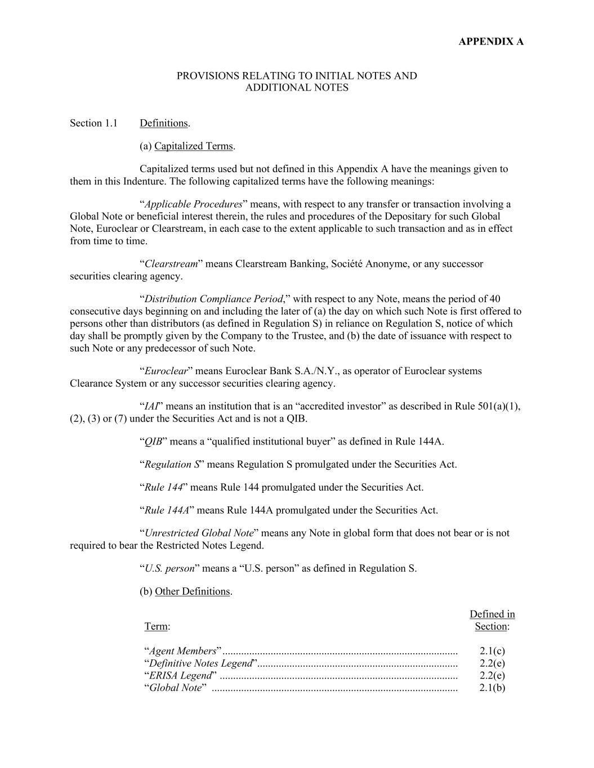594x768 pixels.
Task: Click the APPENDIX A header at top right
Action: (491, 42)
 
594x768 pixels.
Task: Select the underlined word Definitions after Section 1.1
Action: (163, 123)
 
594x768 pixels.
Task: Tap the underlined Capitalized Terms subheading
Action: (193, 146)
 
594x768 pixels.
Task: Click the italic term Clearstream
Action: (171, 264)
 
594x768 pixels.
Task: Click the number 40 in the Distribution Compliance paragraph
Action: (495, 299)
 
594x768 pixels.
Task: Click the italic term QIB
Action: (153, 442)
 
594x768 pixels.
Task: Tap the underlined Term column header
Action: (156, 627)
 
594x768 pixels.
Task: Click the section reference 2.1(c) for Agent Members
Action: (492, 652)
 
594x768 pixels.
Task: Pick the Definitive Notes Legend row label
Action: (200, 663)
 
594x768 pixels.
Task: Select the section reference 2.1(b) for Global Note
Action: (492, 688)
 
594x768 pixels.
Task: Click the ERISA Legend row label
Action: (180, 675)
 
